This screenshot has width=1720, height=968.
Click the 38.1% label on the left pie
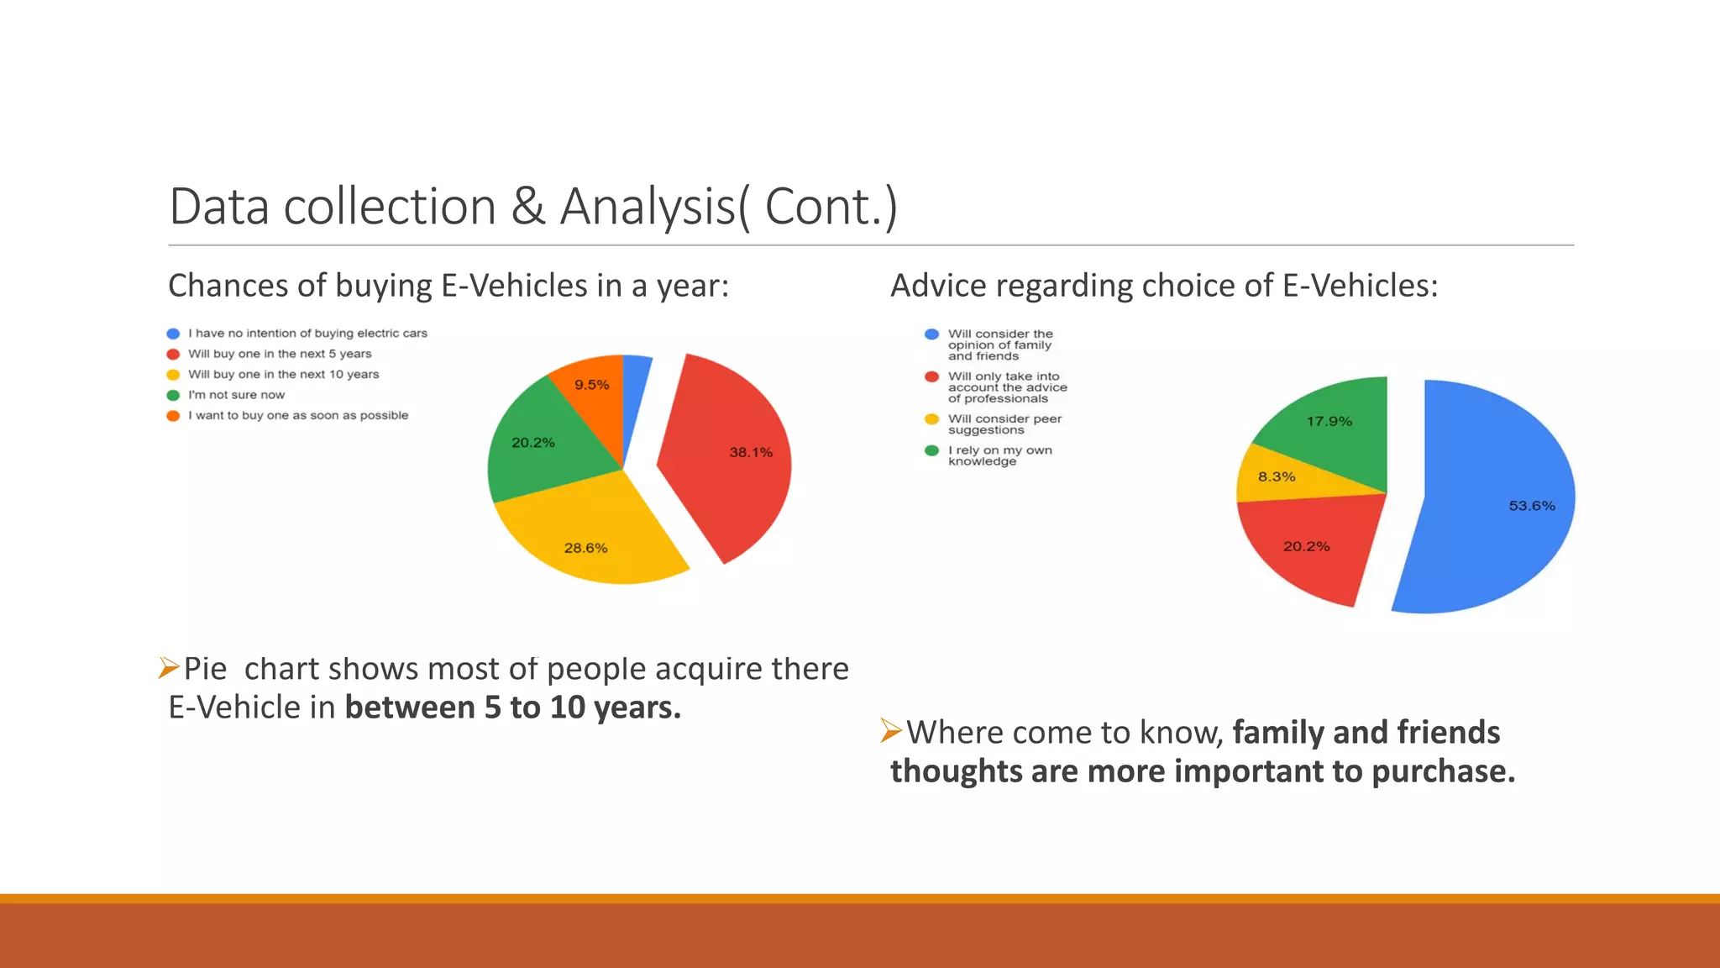[x=750, y=452]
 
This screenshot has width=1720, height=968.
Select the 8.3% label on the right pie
[x=1276, y=476]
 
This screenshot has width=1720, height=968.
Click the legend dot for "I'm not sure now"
[x=173, y=395]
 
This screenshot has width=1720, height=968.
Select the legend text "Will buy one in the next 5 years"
[x=279, y=354]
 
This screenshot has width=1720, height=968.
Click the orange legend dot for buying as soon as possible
[x=173, y=416]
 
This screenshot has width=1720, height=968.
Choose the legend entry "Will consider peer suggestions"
[x=1004, y=424]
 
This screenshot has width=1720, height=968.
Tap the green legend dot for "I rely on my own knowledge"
[x=931, y=451]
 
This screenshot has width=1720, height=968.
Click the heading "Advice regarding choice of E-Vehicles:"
[x=1163, y=286]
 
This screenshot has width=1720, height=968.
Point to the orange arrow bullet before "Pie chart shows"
[x=169, y=668]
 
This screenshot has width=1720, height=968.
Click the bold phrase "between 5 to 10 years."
[x=512, y=708]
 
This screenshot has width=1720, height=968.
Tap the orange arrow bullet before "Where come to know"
[x=891, y=731]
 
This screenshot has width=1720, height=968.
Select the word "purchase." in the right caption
[x=1443, y=771]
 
